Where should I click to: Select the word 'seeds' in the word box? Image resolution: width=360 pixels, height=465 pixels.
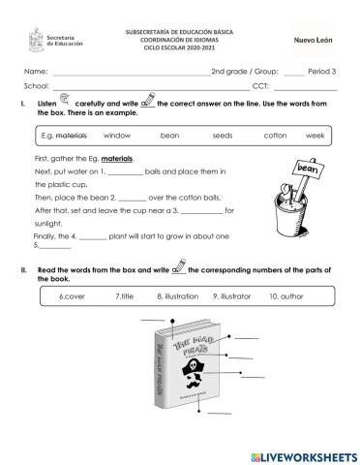223,136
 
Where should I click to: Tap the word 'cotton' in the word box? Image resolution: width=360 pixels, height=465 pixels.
275,136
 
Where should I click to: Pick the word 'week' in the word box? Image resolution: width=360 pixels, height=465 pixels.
315,136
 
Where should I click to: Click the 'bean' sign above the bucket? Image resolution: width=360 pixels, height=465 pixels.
307,170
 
